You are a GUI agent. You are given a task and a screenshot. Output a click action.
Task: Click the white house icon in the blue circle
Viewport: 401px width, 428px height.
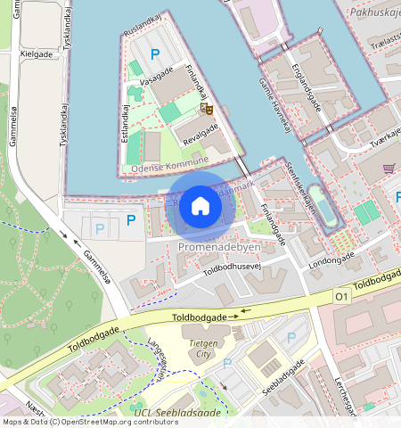tap(200, 206)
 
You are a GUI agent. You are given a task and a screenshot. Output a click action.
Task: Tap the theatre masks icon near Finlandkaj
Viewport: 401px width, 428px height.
tap(207, 109)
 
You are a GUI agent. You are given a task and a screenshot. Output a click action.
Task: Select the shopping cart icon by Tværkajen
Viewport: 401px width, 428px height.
tap(389, 168)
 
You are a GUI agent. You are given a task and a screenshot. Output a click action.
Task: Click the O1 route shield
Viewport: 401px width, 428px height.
tap(341, 295)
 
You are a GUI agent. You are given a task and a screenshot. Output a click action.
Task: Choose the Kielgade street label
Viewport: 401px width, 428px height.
tap(36, 53)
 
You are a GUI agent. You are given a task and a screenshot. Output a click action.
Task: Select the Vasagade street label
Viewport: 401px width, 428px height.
tap(156, 79)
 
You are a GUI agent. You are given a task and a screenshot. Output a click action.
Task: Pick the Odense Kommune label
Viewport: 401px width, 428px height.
tap(168, 164)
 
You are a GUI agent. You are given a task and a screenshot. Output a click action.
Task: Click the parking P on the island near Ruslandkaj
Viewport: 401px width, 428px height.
tap(155, 55)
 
